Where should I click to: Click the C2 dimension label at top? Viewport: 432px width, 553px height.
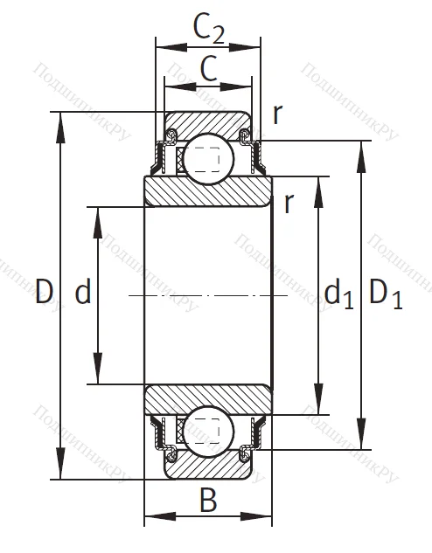pos(208,31)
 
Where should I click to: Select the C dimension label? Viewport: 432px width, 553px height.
pos(208,70)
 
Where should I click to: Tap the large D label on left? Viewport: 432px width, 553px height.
pos(45,292)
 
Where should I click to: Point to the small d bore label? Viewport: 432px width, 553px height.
pos(82,292)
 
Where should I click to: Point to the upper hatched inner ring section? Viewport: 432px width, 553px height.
pos(208,191)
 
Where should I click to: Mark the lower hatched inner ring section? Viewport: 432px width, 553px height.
pos(208,397)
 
